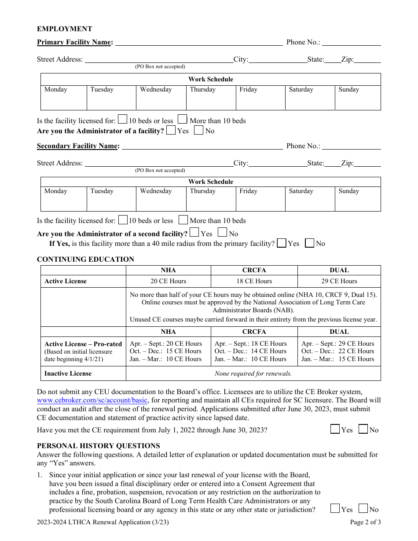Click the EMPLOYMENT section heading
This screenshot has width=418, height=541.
tap(64, 29)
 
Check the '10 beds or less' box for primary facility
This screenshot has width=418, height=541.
tap(123, 120)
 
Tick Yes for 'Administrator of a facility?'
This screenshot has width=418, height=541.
tap(171, 130)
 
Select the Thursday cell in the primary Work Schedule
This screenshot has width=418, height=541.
tap(211, 98)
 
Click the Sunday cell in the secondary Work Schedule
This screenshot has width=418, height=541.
tap(357, 199)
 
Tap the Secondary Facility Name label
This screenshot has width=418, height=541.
tap(78, 146)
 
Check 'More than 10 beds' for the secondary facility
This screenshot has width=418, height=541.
tap(183, 220)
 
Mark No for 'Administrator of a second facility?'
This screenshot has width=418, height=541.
tap(223, 233)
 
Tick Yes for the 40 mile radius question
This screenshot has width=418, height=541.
tap(282, 243)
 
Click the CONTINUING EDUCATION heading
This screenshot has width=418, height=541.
tap(85, 259)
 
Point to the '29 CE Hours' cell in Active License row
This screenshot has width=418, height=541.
tap(339, 281)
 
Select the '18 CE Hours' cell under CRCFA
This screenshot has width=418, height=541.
tap(254, 281)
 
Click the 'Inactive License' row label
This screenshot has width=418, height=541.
tap(68, 373)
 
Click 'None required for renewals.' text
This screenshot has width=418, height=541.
tap(253, 373)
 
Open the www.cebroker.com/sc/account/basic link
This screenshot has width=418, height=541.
tap(92, 400)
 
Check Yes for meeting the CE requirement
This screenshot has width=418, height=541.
tap(335, 429)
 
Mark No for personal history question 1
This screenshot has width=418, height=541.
tap(363, 509)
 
